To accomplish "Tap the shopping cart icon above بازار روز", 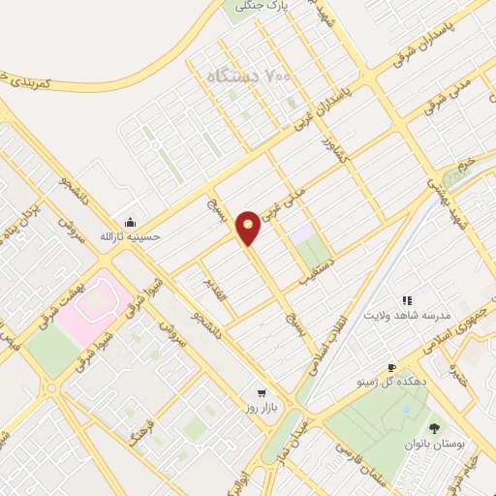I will click(261, 393).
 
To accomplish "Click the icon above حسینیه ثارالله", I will click(129, 221).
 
